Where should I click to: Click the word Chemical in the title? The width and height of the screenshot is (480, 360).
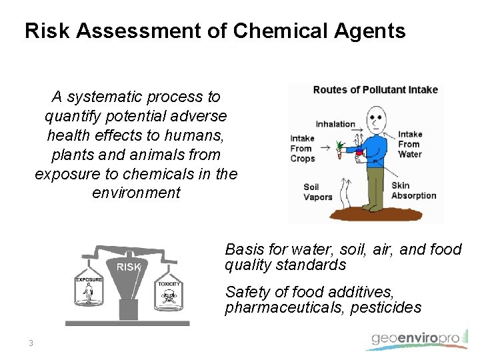click(265, 31)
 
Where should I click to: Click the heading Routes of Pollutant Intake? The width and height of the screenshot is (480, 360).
click(375, 90)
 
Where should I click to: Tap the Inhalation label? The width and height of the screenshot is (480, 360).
click(335, 124)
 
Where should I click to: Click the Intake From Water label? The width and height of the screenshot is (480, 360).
click(409, 144)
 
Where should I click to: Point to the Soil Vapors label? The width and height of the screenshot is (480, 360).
click(317, 192)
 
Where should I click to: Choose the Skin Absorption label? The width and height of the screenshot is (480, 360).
click(413, 191)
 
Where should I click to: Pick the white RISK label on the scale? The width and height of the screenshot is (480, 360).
click(129, 267)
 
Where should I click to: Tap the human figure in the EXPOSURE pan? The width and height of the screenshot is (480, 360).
click(89, 294)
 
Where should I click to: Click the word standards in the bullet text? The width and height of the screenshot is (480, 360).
click(313, 265)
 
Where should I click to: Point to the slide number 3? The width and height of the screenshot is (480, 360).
click(31, 343)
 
